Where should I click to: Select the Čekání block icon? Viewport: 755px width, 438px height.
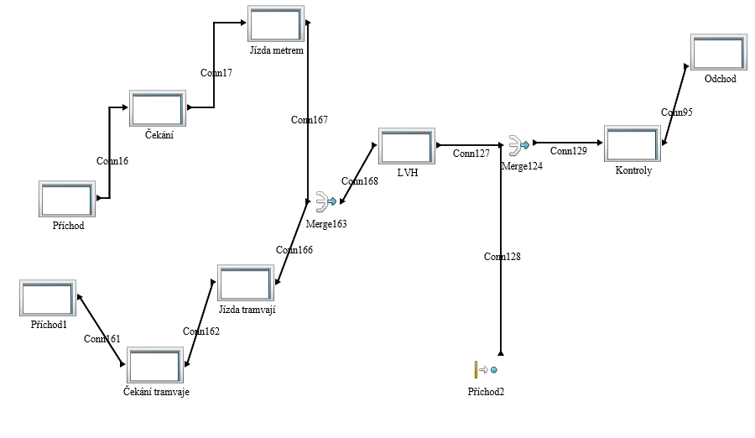tap(157, 108)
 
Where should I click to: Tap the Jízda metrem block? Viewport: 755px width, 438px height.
tap(276, 23)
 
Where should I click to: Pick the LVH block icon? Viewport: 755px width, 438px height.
tap(406, 146)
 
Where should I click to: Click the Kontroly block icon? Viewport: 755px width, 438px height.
tap(633, 143)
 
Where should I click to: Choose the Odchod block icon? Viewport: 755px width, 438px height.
tap(719, 53)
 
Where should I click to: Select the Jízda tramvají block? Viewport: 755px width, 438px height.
tap(246, 284)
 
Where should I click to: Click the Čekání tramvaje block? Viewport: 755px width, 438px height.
tap(154, 365)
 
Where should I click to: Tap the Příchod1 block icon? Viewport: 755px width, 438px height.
tap(48, 299)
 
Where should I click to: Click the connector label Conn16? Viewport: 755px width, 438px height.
tap(112, 160)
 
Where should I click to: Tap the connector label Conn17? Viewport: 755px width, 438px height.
tap(216, 72)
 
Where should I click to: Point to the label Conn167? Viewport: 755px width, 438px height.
tap(309, 120)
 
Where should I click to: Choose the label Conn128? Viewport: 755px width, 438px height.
tap(502, 257)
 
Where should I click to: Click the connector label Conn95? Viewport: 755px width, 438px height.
tap(676, 112)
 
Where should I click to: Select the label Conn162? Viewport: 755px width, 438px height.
tap(201, 331)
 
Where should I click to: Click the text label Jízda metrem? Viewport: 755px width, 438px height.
tap(276, 50)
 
